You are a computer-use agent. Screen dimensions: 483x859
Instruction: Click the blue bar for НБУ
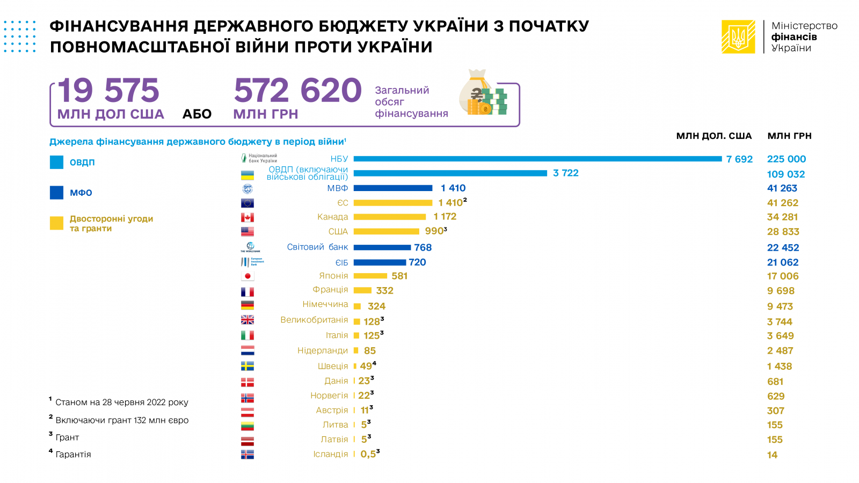click(x=537, y=159)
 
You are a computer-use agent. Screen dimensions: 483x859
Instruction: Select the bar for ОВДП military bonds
click(x=450, y=173)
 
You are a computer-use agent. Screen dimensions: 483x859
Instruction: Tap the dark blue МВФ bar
click(x=392, y=188)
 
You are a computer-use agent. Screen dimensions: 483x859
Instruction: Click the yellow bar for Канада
click(x=389, y=217)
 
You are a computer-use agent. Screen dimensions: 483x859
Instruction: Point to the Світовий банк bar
click(x=382, y=247)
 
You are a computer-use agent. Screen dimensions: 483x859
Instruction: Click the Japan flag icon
click(x=247, y=276)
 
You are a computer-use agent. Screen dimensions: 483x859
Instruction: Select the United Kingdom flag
click(x=247, y=320)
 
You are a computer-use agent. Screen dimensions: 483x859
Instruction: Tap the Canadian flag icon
click(x=247, y=217)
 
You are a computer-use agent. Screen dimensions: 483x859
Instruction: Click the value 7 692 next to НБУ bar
click(x=739, y=159)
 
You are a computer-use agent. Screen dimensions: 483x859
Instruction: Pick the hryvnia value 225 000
click(x=787, y=159)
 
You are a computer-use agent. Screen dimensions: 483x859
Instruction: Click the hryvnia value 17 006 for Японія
click(x=783, y=276)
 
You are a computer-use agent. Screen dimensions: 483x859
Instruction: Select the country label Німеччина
click(x=325, y=304)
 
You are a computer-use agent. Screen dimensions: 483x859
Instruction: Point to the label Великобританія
click(x=314, y=320)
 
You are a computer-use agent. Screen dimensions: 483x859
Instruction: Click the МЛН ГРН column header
click(x=789, y=136)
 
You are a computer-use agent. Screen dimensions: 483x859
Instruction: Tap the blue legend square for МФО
click(x=56, y=193)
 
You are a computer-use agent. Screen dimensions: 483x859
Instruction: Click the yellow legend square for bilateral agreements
click(x=56, y=223)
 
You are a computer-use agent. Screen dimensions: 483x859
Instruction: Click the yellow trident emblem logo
click(x=738, y=36)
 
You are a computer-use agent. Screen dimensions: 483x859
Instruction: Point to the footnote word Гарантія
click(x=73, y=455)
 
